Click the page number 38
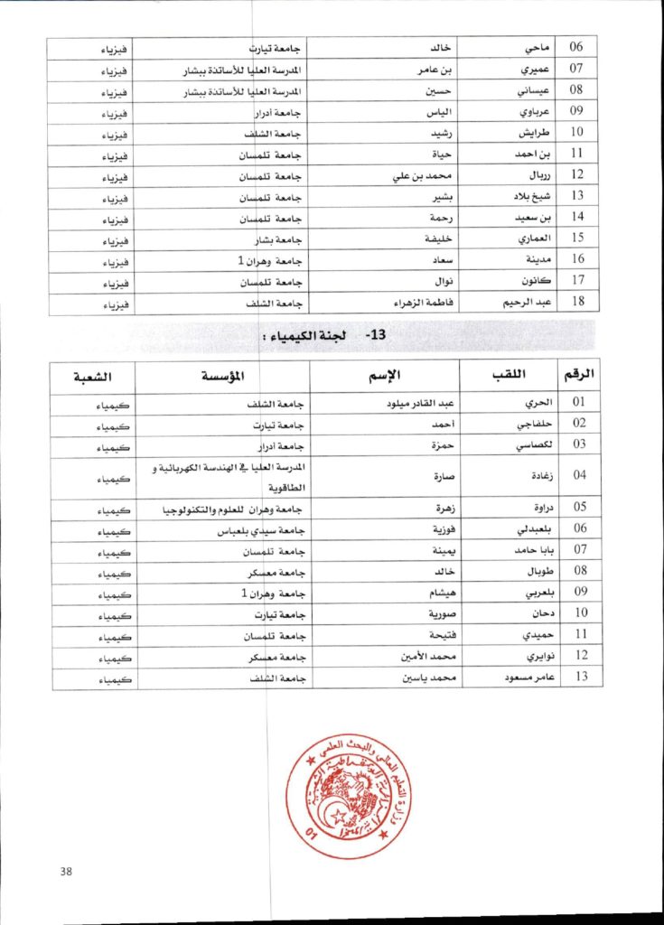coord(65,871)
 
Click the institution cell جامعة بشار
coord(276,239)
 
